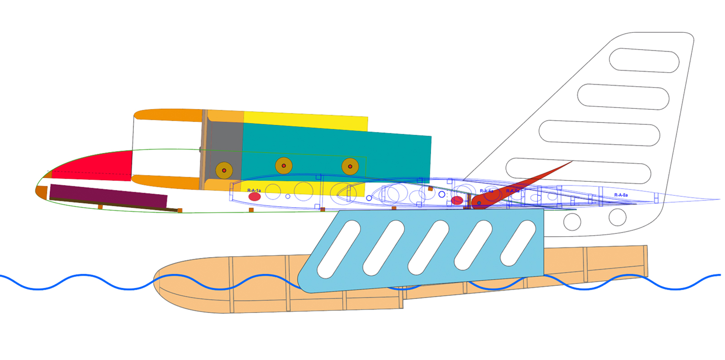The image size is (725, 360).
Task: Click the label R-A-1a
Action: (254, 190)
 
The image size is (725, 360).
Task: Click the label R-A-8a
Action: (621, 195)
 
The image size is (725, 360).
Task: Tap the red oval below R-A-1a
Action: (255, 197)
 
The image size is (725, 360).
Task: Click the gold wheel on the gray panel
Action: (224, 170)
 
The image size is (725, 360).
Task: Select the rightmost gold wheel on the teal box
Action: (350, 166)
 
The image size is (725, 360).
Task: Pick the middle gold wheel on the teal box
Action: (284, 166)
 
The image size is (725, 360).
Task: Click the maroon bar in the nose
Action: (108, 195)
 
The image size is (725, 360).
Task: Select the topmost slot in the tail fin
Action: (644, 60)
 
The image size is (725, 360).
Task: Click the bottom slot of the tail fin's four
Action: (578, 170)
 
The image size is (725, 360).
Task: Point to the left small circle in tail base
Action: (572, 222)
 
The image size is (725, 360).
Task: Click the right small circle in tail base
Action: (617, 217)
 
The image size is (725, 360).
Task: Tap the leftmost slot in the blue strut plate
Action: (338, 249)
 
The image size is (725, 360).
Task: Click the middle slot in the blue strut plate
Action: (429, 247)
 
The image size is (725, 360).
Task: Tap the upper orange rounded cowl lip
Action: (168, 114)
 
